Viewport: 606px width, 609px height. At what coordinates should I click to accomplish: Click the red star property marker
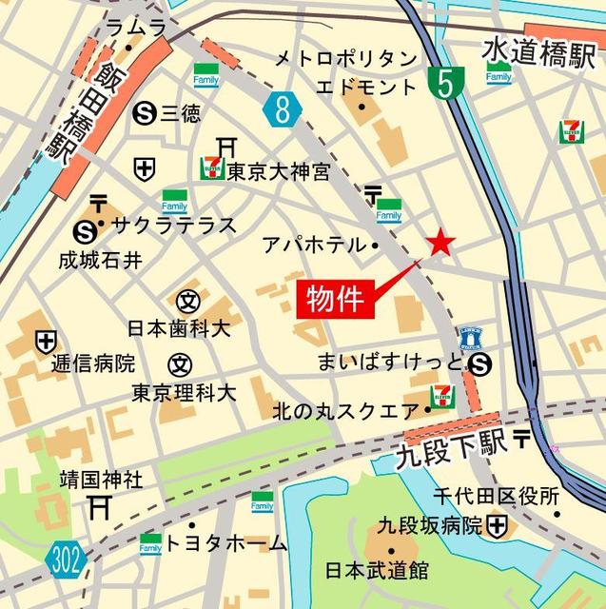coord(440,244)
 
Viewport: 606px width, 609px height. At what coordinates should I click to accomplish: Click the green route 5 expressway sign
coord(442,84)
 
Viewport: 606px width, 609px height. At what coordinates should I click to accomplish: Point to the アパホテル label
coord(313,245)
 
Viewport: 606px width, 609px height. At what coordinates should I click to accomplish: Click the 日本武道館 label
coord(377,571)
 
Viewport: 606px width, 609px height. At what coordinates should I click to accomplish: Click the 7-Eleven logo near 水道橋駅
coord(572,131)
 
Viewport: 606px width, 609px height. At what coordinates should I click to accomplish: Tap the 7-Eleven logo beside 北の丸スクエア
coord(442,396)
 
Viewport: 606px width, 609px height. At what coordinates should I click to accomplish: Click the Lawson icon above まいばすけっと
coord(471,335)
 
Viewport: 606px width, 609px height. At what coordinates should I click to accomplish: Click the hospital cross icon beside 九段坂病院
coord(497,524)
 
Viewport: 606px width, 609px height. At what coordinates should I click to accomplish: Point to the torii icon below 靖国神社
coord(100,507)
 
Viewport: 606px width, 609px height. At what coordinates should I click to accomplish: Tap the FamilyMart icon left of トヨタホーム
coord(150,543)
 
